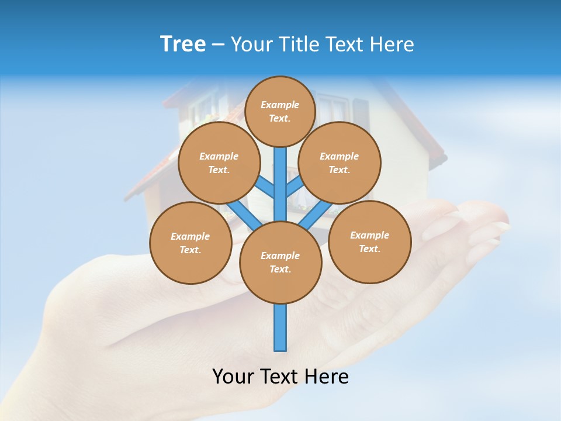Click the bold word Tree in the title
[183, 44]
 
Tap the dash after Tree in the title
[218, 45]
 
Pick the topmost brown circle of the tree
[280, 111]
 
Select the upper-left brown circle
[219, 163]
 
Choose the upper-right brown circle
[339, 163]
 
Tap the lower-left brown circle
[191, 243]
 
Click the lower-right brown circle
[369, 241]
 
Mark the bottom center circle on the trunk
[280, 263]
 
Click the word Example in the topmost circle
[280, 105]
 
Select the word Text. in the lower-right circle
[369, 249]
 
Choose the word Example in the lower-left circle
[190, 236]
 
